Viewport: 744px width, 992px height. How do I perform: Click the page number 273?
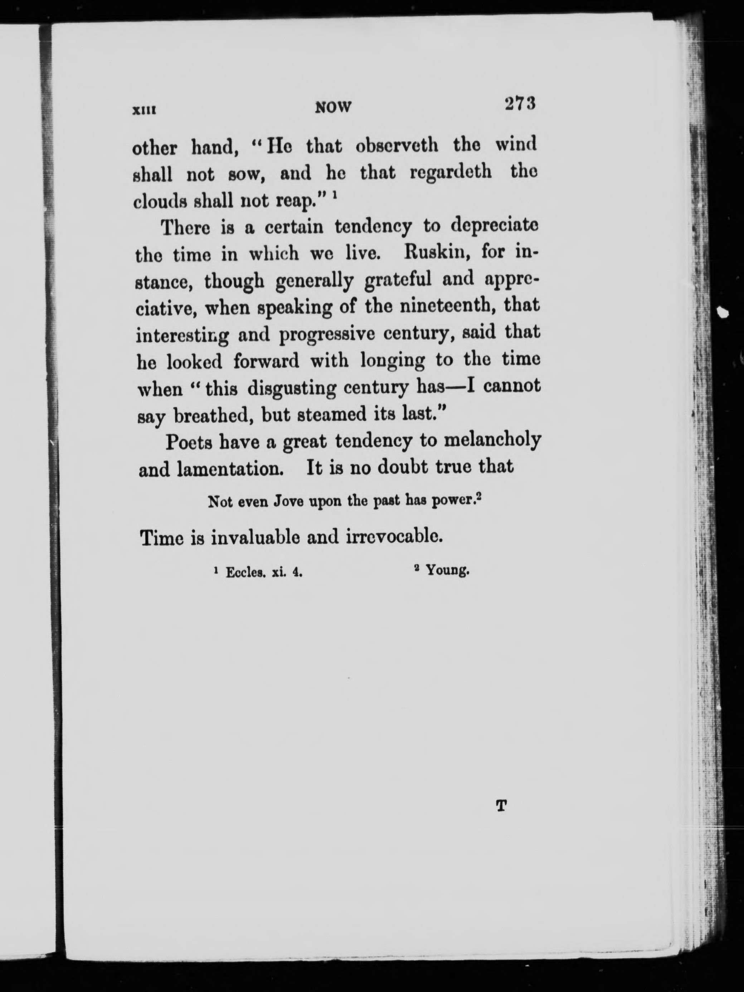pyautogui.click(x=520, y=104)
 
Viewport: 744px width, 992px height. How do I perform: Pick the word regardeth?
pyautogui.click(x=451, y=173)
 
